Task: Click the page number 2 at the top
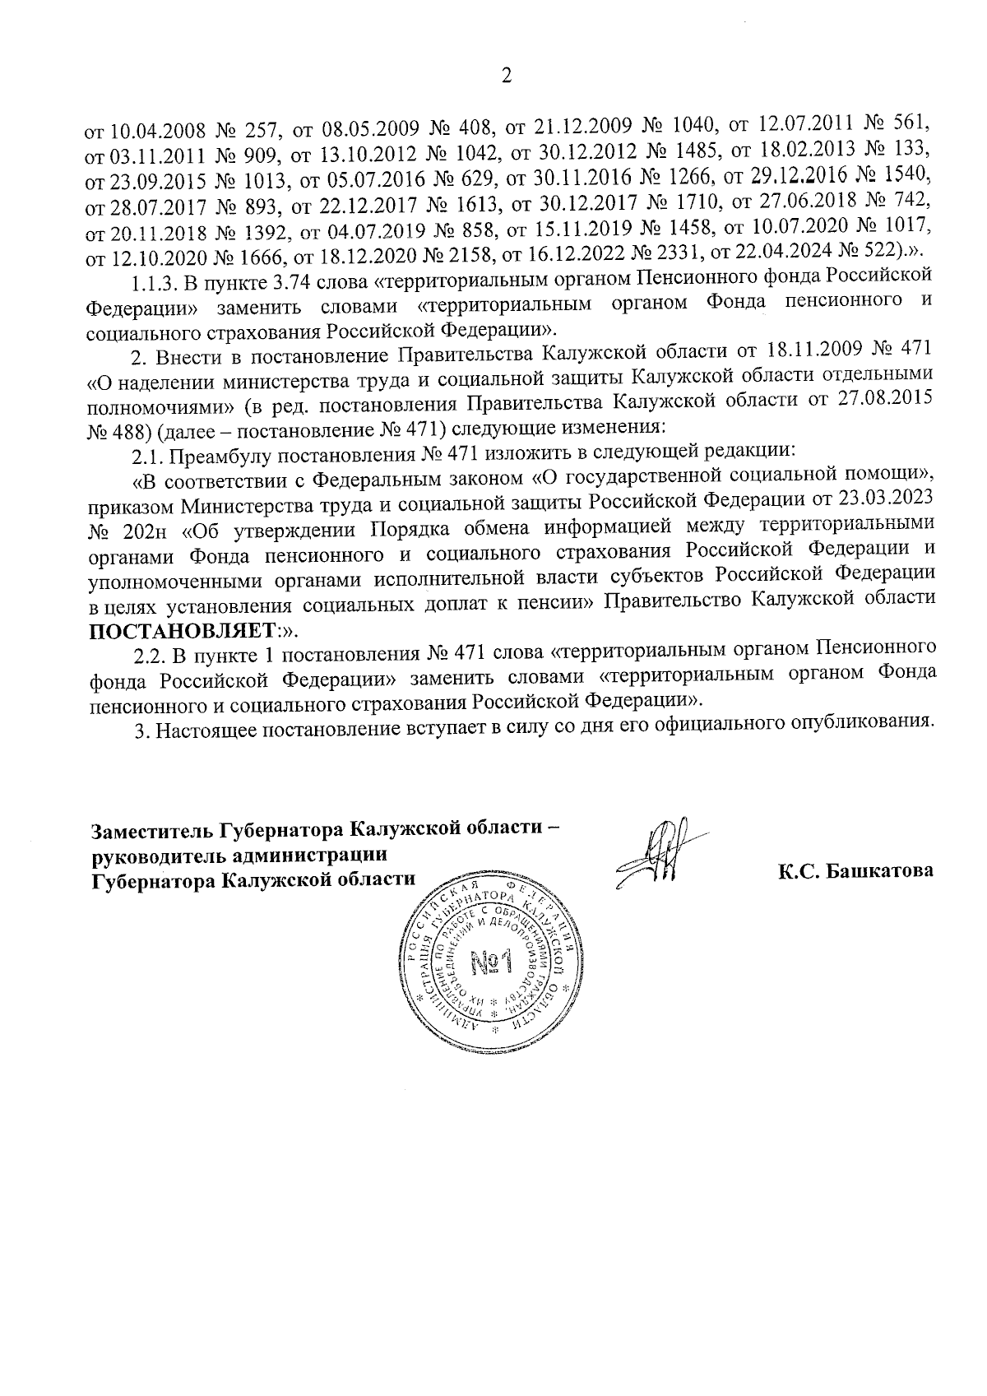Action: coord(506,77)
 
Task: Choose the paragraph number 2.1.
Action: coord(146,453)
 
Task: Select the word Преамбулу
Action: coord(216,453)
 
